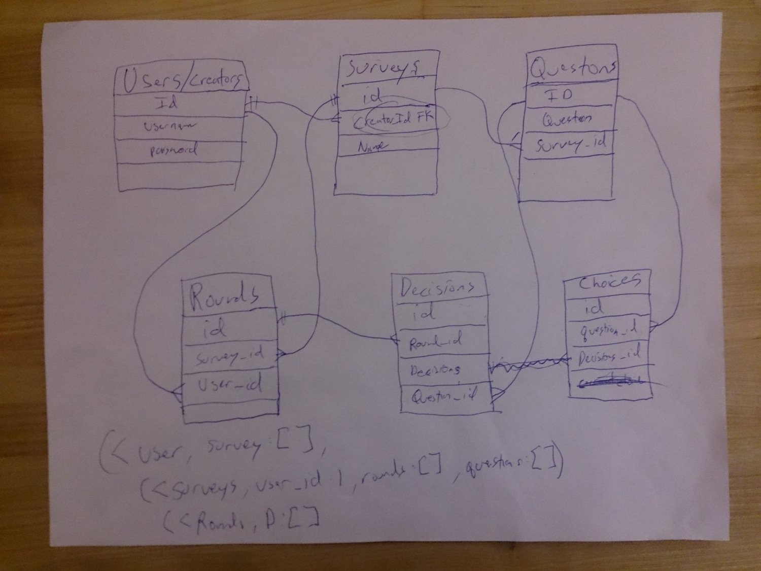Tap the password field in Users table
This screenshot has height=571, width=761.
click(x=174, y=150)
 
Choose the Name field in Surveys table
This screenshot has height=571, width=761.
click(x=371, y=147)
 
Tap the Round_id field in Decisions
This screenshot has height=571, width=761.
click(x=436, y=342)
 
